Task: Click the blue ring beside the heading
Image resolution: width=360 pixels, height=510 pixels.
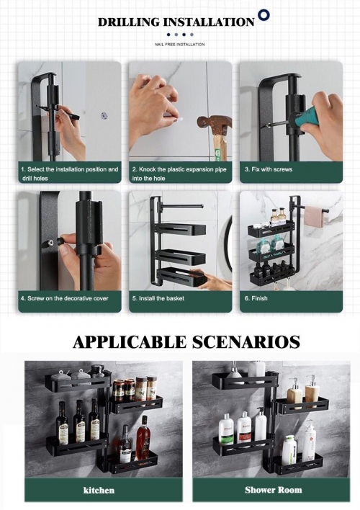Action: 264,15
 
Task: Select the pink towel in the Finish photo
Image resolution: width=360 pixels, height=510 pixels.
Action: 315,216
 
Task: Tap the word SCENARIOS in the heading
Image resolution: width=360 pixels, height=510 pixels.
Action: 246,342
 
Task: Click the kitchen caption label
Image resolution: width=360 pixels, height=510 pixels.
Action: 99,490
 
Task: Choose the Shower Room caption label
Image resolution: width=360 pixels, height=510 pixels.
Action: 273,490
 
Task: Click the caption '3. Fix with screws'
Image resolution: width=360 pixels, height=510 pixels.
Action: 269,169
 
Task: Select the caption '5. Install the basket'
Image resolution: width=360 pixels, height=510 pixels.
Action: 158,298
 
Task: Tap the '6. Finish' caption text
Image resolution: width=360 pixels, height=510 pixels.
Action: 256,298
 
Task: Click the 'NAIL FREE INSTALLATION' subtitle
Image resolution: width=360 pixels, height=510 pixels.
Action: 180,44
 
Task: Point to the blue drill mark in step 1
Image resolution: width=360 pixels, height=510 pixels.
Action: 104,115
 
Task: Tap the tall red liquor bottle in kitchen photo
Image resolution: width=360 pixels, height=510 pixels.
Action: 143,438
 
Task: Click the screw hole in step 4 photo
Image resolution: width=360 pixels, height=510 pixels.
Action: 50,242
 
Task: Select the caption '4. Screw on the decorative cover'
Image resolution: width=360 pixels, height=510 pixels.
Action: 64,298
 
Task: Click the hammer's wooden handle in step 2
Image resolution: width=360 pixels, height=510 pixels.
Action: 220,147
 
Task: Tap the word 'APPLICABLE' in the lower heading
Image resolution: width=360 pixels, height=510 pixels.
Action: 130,342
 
